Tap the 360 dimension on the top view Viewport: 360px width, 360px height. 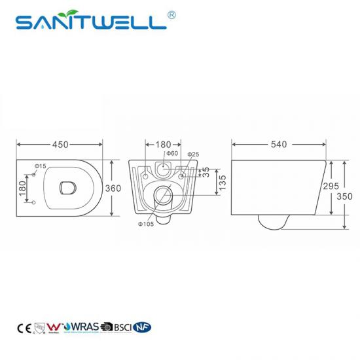point(114,188)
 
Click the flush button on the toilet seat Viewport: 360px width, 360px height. point(65,188)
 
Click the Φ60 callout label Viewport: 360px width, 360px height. point(173,154)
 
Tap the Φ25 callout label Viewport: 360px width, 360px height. point(194,154)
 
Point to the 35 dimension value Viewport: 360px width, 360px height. point(206,171)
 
